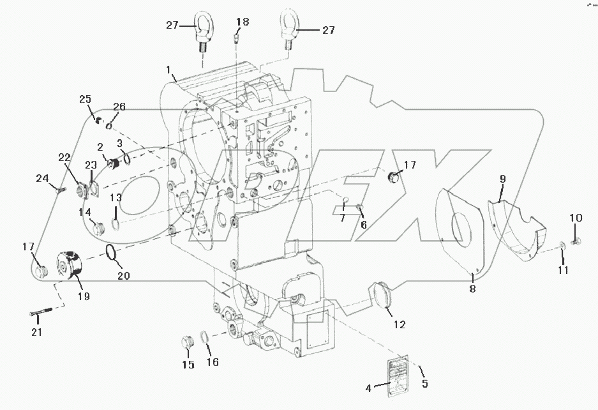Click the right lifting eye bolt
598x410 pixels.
point(285,28)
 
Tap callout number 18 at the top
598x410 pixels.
point(242,22)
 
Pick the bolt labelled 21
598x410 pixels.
point(42,313)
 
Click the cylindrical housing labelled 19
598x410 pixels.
point(72,270)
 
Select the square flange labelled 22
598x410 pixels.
point(80,190)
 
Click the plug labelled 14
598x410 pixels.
point(98,226)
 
